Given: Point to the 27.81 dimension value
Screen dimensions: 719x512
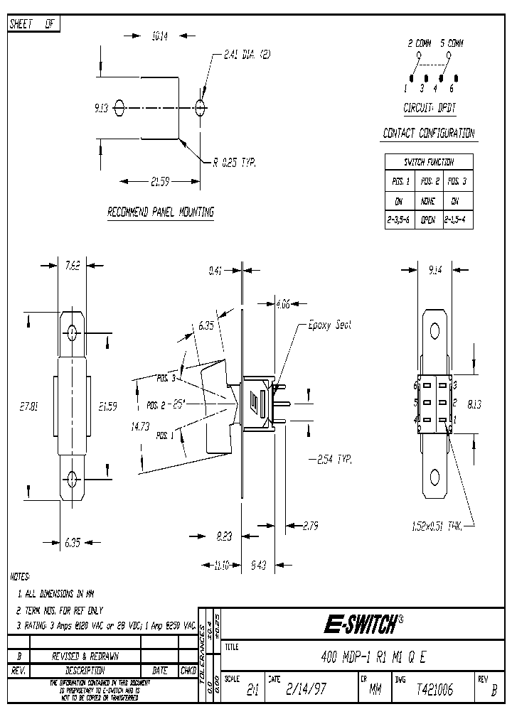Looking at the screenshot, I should point(29,406).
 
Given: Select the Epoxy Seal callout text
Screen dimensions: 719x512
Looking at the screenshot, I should point(330,325).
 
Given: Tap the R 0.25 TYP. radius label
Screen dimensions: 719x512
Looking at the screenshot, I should point(234,162).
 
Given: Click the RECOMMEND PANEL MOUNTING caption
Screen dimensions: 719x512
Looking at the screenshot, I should point(160,212).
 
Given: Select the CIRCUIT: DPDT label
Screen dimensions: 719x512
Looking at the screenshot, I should point(429,109).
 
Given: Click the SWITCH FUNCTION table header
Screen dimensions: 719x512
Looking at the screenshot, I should point(429,162).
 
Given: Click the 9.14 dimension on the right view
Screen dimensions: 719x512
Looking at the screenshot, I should point(436,270).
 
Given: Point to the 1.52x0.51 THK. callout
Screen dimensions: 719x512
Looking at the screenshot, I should point(437,526).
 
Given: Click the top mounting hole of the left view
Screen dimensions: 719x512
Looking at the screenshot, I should point(72,332).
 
